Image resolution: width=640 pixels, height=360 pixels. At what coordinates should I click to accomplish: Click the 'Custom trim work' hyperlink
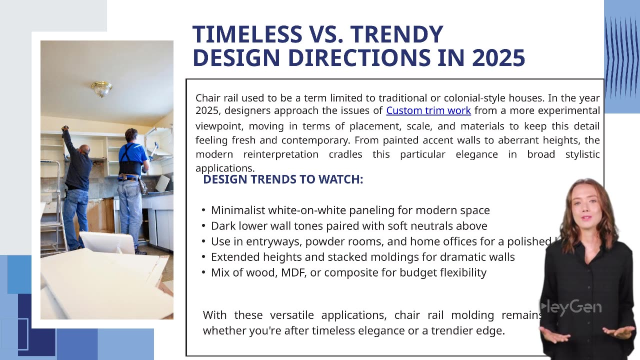[x=428, y=110]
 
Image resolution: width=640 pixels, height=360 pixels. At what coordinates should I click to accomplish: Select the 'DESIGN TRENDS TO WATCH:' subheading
[x=283, y=179]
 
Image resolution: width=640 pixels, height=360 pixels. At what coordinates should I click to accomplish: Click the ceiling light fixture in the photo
[x=101, y=88]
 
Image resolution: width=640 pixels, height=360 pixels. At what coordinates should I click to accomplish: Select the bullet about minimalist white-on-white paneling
[x=350, y=210]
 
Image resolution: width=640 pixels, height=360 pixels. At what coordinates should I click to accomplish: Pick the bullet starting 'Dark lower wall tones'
[x=348, y=226]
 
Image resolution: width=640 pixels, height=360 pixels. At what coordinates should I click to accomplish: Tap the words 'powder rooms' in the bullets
[x=341, y=241]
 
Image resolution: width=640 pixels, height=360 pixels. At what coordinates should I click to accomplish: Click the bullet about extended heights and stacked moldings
[x=362, y=257]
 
